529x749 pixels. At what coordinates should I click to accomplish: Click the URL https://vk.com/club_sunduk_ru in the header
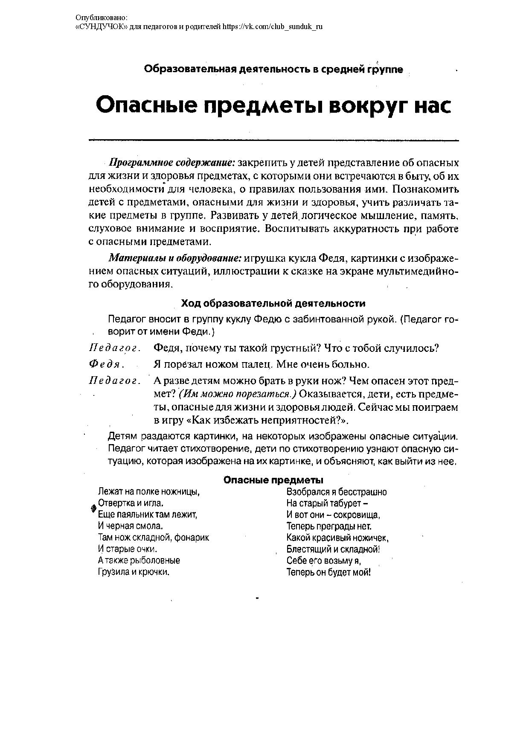(x=273, y=26)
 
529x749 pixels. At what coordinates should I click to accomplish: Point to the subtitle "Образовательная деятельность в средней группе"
(x=273, y=69)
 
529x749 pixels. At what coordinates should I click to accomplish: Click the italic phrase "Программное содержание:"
(x=172, y=163)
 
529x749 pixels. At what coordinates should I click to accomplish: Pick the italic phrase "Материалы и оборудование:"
(x=175, y=258)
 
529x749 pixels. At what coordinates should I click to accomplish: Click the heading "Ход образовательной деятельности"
(x=273, y=303)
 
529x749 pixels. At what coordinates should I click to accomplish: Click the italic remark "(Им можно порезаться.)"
(x=238, y=393)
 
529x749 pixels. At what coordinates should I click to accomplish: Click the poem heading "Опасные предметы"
(x=273, y=480)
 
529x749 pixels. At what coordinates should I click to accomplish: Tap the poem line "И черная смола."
(x=131, y=526)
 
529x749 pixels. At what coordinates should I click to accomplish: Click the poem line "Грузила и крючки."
(x=134, y=572)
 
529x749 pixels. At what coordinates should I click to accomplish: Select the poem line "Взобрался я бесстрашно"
(x=337, y=492)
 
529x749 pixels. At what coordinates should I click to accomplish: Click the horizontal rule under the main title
(x=273, y=140)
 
